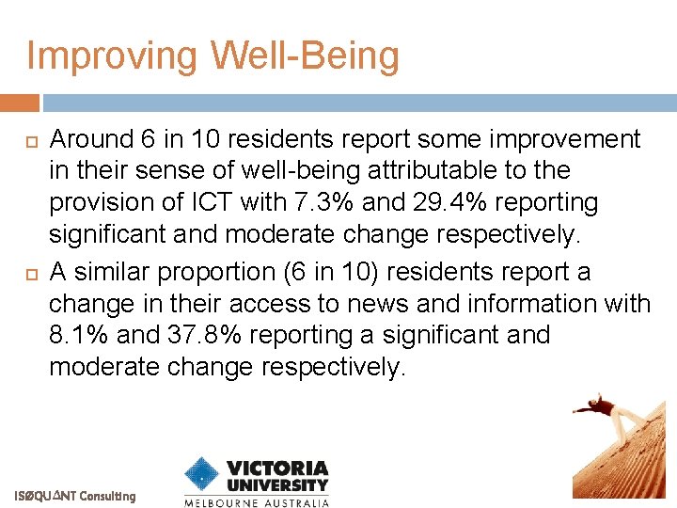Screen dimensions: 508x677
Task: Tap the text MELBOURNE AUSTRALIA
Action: [x=257, y=502]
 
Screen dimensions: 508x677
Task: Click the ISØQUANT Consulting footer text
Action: [x=74, y=496]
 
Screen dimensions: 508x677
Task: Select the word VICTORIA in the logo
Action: [x=277, y=468]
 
